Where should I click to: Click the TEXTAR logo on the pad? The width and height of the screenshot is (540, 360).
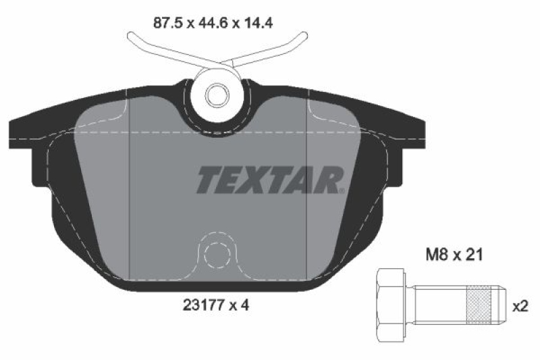coord(271,180)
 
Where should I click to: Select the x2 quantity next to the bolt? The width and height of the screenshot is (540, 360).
coord(520,307)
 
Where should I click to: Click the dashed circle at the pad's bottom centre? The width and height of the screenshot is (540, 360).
coord(218,255)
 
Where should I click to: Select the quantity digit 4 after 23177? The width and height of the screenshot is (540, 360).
coord(246,305)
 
